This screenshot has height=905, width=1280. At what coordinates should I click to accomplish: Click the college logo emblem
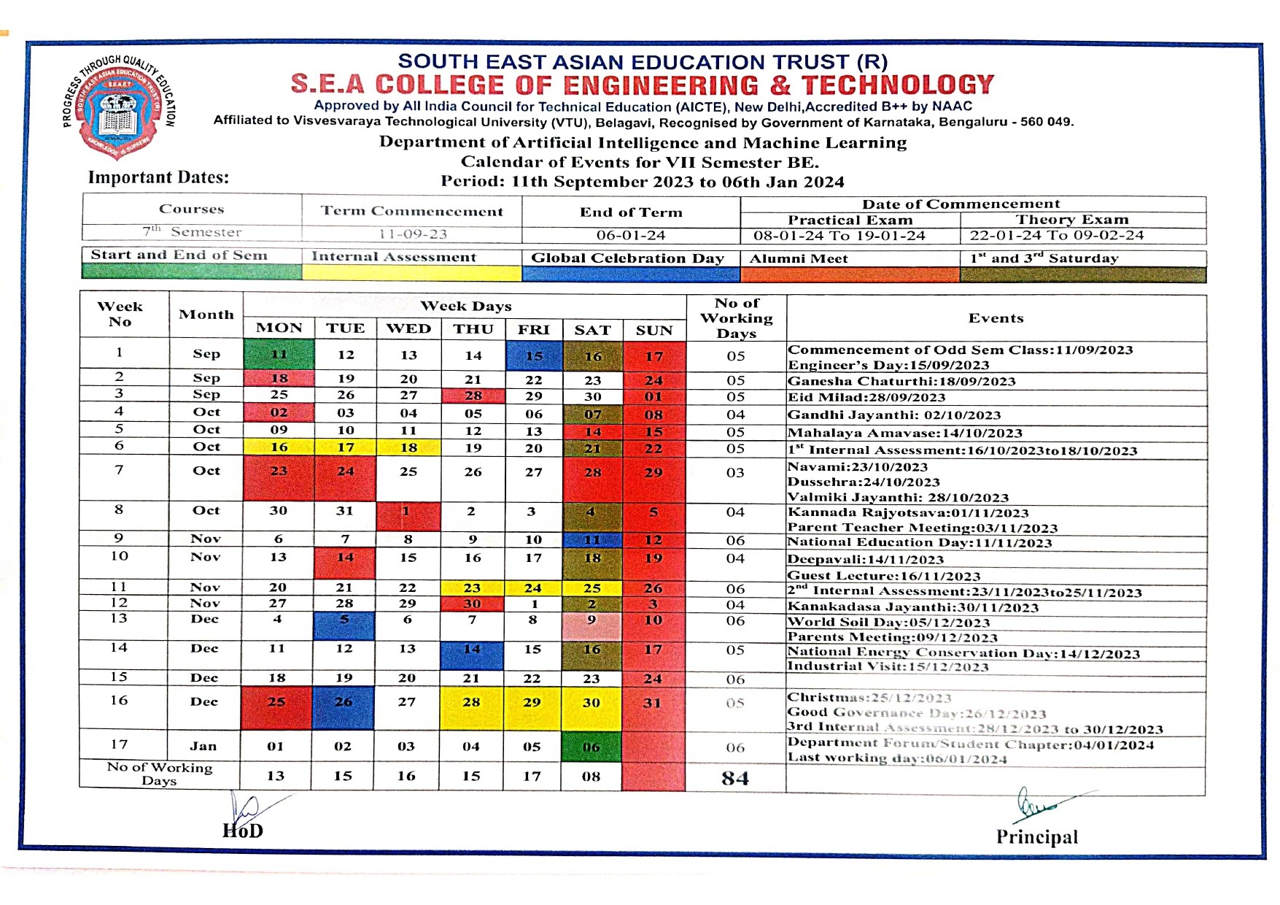[119, 105]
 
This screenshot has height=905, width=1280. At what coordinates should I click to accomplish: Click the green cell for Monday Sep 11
[279, 355]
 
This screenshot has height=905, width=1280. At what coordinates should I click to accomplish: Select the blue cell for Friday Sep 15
[534, 355]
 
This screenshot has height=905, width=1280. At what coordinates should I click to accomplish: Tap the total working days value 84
[735, 778]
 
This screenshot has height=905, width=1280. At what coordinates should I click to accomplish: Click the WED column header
[408, 328]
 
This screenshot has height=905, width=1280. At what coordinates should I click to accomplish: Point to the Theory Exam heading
[1071, 220]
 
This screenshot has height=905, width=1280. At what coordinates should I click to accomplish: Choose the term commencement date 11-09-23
[412, 234]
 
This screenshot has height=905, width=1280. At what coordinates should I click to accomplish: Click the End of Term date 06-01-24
[631, 235]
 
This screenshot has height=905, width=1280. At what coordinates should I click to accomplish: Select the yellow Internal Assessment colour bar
[411, 273]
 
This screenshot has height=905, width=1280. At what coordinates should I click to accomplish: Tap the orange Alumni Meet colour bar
[850, 274]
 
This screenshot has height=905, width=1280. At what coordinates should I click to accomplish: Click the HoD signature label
[243, 831]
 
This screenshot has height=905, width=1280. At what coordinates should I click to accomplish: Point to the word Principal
[1036, 837]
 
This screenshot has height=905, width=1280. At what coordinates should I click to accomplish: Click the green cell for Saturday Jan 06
[591, 747]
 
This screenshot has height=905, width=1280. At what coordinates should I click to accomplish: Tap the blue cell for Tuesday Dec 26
[343, 703]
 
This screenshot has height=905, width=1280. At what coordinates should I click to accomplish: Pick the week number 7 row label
[119, 470]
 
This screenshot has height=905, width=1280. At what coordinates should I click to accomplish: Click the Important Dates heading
[158, 177]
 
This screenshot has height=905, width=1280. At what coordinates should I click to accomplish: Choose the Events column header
[996, 318]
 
